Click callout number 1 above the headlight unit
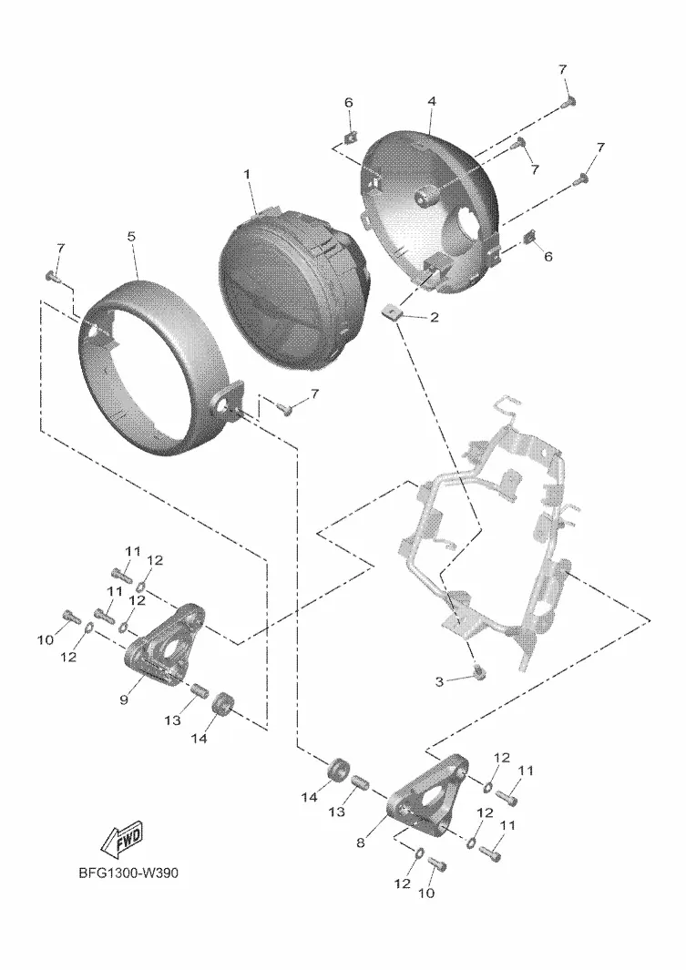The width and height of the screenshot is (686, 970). [x=245, y=173]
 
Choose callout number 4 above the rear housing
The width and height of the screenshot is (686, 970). [x=432, y=102]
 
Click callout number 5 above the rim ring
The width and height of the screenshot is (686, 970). [x=131, y=236]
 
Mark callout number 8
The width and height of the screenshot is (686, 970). [x=361, y=843]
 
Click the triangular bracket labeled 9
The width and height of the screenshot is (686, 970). [x=169, y=643]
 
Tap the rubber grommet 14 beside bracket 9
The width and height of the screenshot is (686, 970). [x=222, y=706]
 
